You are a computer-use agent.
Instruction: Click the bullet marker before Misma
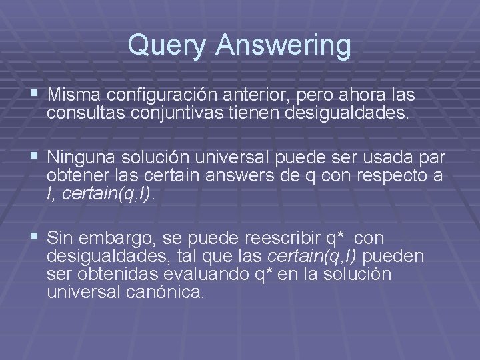(x=34, y=94)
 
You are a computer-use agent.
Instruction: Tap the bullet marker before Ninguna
(x=34, y=157)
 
